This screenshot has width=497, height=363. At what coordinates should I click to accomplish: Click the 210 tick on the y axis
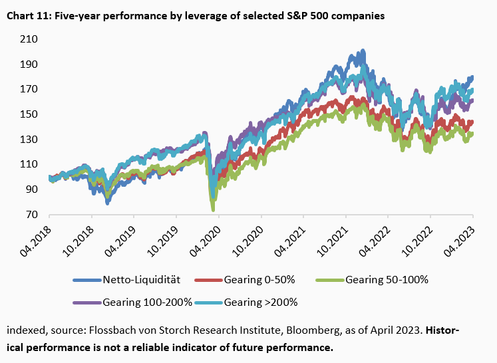point(29,39)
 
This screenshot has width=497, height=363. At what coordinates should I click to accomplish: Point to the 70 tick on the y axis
point(31,215)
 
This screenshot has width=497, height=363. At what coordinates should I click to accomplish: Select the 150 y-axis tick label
point(29,114)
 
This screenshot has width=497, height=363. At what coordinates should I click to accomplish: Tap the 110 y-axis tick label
point(29,164)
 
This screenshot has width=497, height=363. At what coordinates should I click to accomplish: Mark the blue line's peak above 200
point(362,51)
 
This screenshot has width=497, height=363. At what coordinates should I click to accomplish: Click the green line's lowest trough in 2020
point(213,209)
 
